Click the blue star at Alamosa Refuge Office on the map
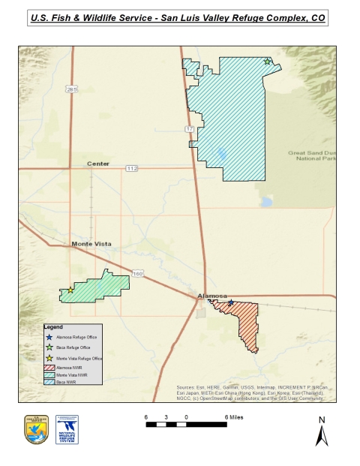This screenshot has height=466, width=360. point(231,302)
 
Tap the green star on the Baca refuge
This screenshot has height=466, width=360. point(267,62)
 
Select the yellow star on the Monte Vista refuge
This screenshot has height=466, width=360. point(70,290)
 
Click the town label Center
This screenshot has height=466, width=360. point(97,164)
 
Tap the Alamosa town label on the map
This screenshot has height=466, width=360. point(211,296)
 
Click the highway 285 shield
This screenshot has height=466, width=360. point(71,89)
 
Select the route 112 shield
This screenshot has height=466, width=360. point(132,167)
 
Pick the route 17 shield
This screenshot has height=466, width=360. point(190,129)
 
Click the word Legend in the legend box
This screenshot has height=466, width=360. point(53,328)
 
